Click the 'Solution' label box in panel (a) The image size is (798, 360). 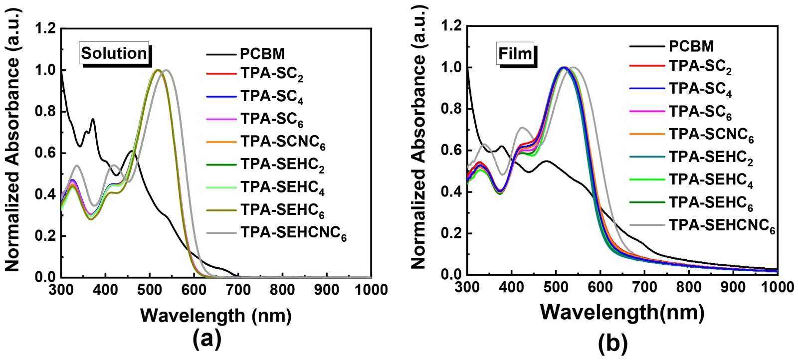tap(114, 53)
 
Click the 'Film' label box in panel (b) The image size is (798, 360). tap(516, 53)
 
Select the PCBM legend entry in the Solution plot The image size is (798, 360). tap(262, 53)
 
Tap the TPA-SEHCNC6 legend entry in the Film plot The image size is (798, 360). tap(722, 225)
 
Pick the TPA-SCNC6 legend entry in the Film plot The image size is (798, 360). tap(711, 134)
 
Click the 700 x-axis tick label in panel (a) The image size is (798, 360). tap(238, 289)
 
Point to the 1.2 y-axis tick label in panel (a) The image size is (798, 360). tap(46, 28)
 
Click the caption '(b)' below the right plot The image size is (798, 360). tap(612, 343)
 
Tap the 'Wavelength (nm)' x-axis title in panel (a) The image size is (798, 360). tap(215, 315)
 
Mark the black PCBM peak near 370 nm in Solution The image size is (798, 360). tap(93, 119)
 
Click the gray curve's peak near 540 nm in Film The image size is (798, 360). tap(574, 67)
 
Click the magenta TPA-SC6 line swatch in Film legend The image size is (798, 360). tap(647, 111)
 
